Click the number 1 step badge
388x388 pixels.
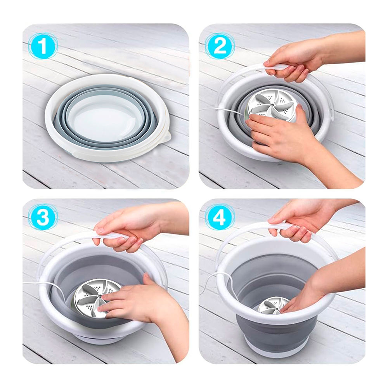coord(43,46)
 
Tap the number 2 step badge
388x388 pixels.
coord(220,46)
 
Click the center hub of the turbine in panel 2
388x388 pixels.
coord(272,105)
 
